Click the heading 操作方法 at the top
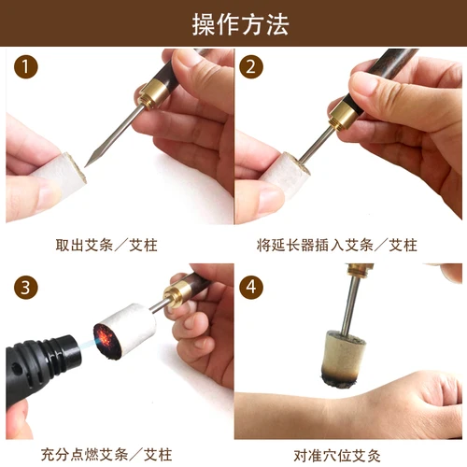pyautogui.click(x=233, y=22)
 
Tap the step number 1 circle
pyautogui.click(x=28, y=68)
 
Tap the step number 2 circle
pyautogui.click(x=250, y=68)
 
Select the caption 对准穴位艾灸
pyautogui.click(x=348, y=456)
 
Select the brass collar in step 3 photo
pyautogui.click(x=173, y=295)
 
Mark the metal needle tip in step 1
pyautogui.click(x=92, y=162)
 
